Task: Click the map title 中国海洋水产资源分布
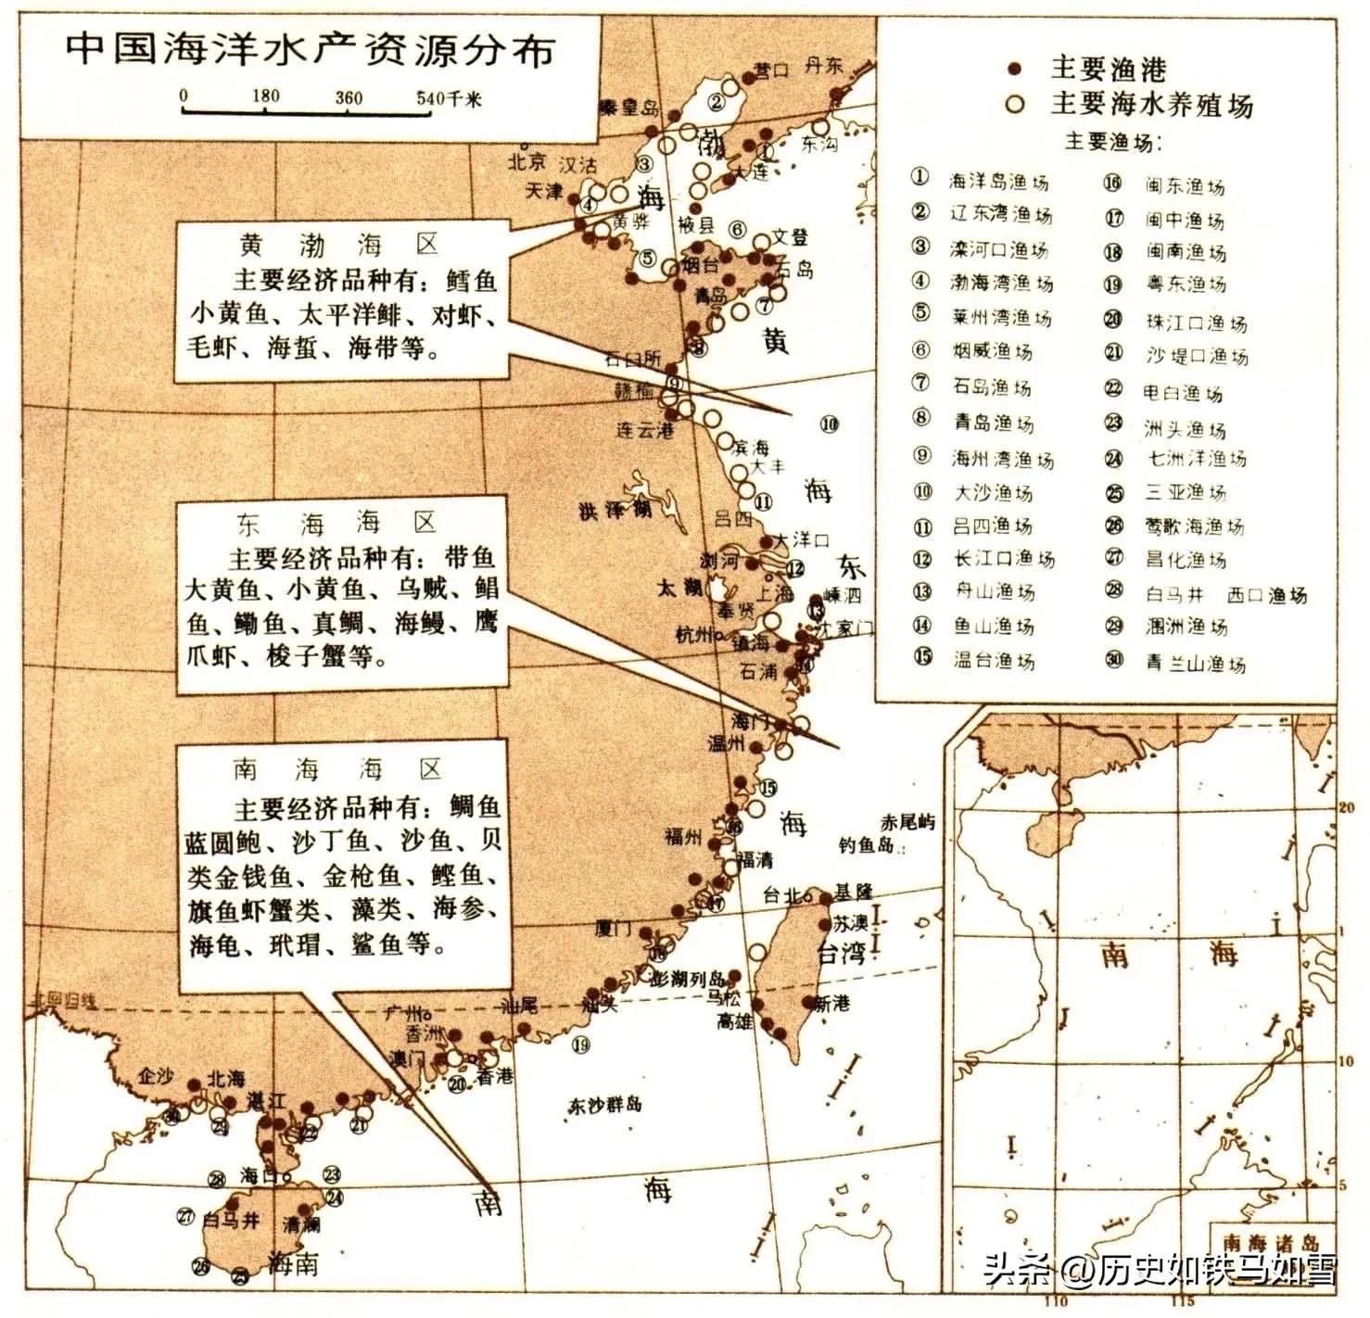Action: coord(310,49)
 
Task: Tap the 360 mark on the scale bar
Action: coord(349,97)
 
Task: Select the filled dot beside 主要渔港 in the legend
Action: coord(1015,69)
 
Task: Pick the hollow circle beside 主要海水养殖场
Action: coord(1015,103)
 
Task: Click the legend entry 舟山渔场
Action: coord(994,591)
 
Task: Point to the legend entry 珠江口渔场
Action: coord(1196,323)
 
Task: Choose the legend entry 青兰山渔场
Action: coord(1195,663)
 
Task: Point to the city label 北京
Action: coord(526,162)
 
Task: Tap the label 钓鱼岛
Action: coord(866,844)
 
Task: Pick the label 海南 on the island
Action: coord(293,1262)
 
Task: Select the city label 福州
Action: coord(683,837)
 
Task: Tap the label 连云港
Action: coord(645,430)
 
